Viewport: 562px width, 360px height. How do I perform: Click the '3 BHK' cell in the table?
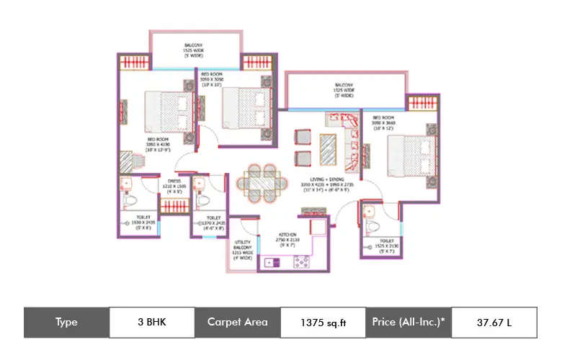151,322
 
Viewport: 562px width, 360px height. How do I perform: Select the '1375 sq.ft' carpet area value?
323,322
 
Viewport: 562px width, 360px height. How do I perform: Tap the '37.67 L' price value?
494,322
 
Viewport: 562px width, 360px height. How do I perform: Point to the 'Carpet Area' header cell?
237,322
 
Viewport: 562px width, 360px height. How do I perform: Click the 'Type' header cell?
66,322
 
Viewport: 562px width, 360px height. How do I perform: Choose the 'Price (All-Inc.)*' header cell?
409,322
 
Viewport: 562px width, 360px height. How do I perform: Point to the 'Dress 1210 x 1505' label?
174,186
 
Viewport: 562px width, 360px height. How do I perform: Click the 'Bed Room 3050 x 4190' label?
157,146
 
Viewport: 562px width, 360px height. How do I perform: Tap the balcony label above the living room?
344,89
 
